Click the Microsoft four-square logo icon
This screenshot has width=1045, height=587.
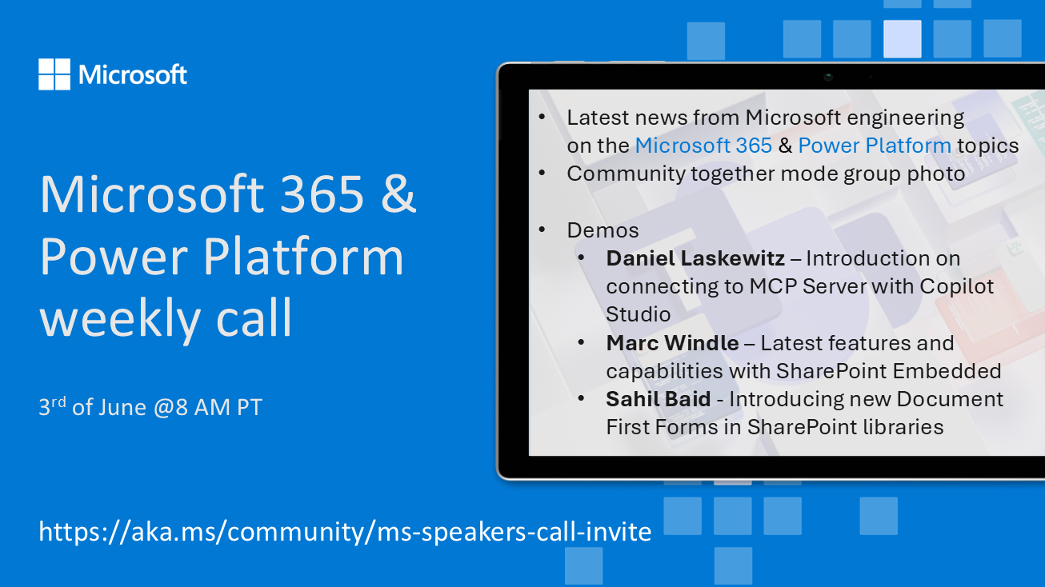click(54, 74)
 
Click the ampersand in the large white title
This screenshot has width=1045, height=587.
click(398, 194)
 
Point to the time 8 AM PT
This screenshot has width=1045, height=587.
click(218, 407)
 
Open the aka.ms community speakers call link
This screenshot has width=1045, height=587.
click(345, 532)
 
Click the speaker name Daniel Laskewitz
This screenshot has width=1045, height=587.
click(695, 258)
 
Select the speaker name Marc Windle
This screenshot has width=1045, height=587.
click(672, 343)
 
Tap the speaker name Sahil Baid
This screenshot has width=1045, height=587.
click(659, 399)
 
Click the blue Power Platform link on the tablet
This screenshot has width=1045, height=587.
click(875, 146)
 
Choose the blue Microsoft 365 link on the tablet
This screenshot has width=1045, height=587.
click(703, 146)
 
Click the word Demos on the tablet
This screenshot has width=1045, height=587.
click(603, 230)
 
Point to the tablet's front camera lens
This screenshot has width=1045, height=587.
click(828, 77)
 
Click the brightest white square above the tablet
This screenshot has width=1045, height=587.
click(903, 38)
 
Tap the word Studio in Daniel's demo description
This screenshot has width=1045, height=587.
click(639, 314)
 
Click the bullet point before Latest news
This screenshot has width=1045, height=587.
click(542, 117)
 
